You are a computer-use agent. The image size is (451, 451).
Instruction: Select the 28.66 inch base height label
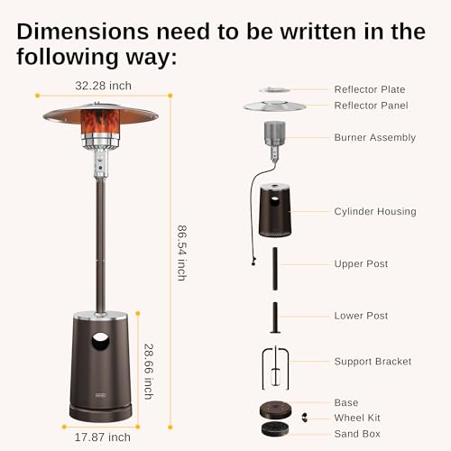pos(149,370)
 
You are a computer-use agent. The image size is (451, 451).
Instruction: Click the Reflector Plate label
pos(369,89)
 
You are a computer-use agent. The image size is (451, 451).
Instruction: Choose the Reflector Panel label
pos(370,106)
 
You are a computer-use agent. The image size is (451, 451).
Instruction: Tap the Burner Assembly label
pos(374,138)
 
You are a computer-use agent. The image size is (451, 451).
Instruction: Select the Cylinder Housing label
pos(375,212)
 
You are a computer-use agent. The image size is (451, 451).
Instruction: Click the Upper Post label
pos(361,264)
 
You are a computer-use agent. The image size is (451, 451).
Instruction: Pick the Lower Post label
pos(361,317)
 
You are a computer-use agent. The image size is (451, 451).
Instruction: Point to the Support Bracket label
pos(373,362)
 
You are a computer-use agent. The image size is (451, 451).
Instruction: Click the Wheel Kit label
pos(358,417)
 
